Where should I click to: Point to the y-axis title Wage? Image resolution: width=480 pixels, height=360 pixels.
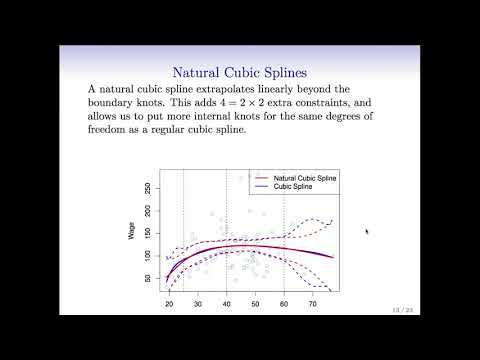132,233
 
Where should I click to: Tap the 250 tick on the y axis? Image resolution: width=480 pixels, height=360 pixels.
147,188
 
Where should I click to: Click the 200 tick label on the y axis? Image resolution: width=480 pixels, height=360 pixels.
147,213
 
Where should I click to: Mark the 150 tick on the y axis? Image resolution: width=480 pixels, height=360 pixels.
147,235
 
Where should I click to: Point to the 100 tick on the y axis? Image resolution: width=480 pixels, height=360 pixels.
147,258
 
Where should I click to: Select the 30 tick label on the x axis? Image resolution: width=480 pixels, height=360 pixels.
197,303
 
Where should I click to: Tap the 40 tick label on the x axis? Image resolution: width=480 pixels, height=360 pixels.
226,303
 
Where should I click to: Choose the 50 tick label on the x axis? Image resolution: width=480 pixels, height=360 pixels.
255,303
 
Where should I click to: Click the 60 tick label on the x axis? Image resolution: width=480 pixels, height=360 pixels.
284,303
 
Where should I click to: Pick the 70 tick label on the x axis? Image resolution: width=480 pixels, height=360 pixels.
313,303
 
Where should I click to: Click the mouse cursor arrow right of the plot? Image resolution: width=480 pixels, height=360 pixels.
367,232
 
